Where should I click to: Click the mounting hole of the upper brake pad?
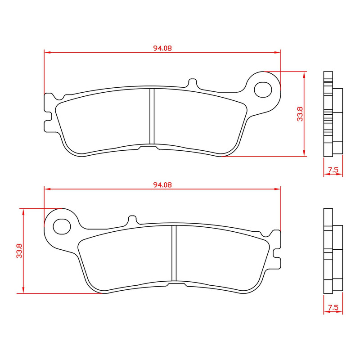[263, 89]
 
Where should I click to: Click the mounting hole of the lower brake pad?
[62, 225]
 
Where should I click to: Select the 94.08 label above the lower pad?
[162, 184]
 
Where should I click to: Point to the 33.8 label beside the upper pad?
[299, 114]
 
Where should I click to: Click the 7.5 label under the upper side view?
[333, 170]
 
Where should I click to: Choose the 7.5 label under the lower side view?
[333, 307]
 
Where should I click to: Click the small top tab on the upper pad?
[192, 83]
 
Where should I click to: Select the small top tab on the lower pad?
[132, 220]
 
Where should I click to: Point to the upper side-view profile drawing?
[332, 114]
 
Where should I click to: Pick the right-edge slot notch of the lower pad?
[277, 252]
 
